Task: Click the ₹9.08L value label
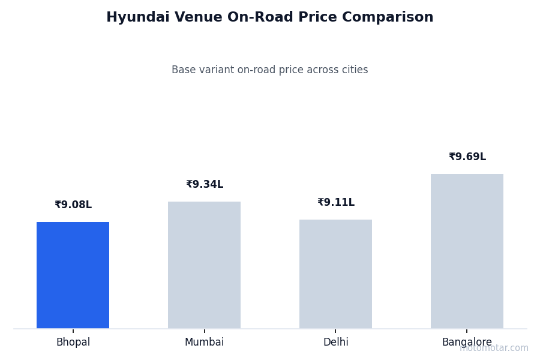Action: pyautogui.click(x=73, y=205)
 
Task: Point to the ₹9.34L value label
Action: pyautogui.click(x=205, y=185)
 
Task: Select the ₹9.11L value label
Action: pyautogui.click(x=336, y=203)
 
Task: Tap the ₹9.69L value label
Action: pyautogui.click(x=467, y=157)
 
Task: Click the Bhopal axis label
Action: pyautogui.click(x=73, y=343)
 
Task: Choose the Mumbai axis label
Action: pyautogui.click(x=204, y=343)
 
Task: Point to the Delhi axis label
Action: pyautogui.click(x=335, y=343)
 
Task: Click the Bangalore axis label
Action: pyautogui.click(x=467, y=343)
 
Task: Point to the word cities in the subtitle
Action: pyautogui.click(x=354, y=70)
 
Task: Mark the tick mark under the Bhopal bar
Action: pyautogui.click(x=73, y=331)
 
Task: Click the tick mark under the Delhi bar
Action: pyautogui.click(x=335, y=331)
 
